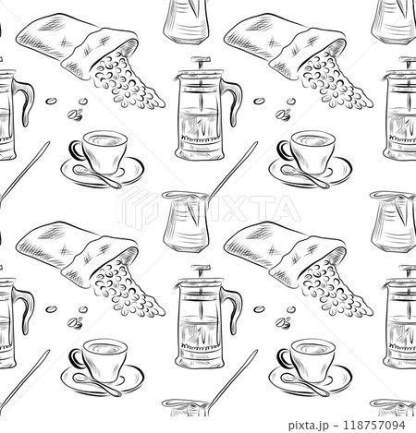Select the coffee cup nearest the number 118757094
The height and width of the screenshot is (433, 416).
click(x=315, y=355)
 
